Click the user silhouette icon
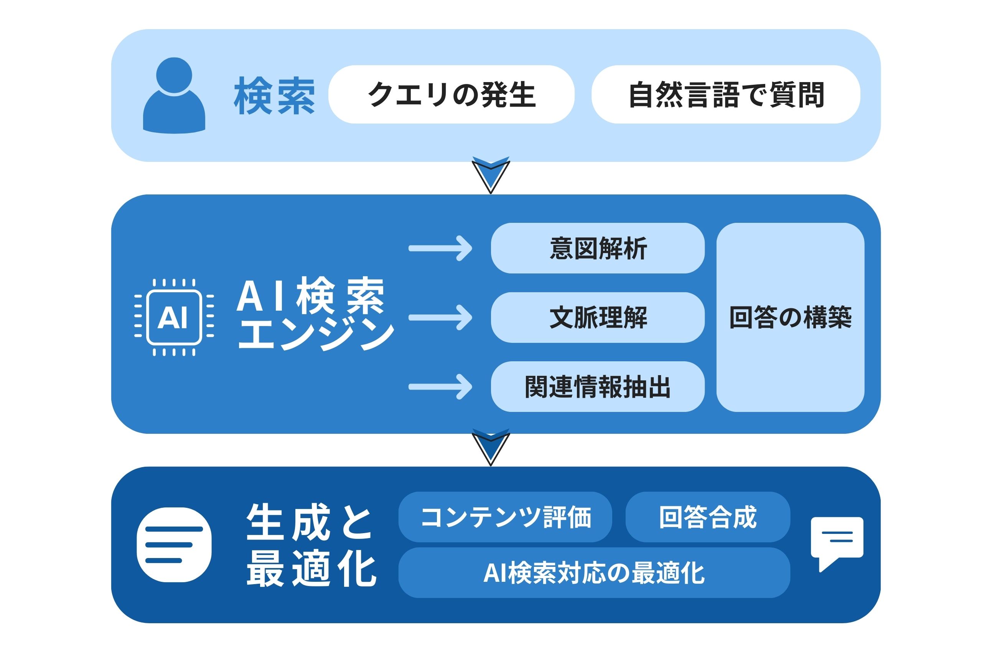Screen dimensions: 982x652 [x=174, y=95]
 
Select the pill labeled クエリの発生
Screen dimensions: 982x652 [x=451, y=94]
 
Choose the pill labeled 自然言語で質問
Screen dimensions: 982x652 [x=726, y=94]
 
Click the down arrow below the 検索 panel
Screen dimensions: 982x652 [x=491, y=175]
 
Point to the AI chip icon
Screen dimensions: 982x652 [x=174, y=318]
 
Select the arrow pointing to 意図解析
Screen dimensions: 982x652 [x=440, y=248]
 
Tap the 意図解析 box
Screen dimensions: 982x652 [x=598, y=248]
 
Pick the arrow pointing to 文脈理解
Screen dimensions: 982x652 [x=440, y=318]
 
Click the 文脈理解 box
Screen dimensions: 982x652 [x=598, y=318]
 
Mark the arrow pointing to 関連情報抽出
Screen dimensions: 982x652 [x=440, y=387]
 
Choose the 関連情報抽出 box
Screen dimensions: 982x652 [x=598, y=387]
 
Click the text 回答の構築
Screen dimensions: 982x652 [x=790, y=318]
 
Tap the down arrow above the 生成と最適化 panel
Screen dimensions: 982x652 [x=491, y=446]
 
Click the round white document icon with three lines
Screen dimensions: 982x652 [x=174, y=545]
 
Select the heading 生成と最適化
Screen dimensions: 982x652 [x=311, y=545]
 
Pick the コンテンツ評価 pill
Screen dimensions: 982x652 [x=505, y=517]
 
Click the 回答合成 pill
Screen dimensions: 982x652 [x=707, y=517]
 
